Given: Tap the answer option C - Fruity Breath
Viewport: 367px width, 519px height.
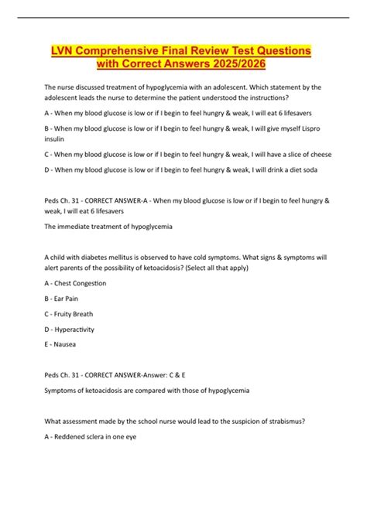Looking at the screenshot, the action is pos(73,315).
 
